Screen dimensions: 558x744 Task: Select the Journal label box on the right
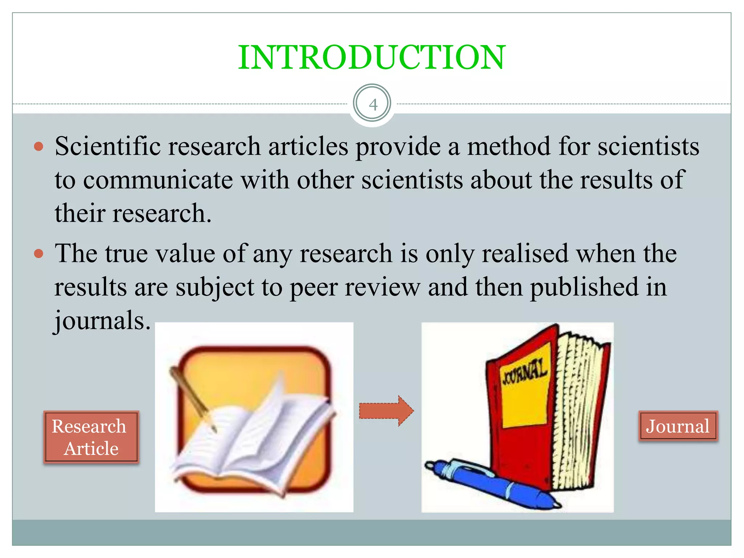[678, 426]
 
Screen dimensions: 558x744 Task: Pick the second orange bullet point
[39, 253]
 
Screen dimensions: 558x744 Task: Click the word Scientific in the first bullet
[108, 146]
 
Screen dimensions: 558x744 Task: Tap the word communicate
[158, 180]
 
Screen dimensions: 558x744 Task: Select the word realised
[525, 253]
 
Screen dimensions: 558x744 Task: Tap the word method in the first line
[509, 146]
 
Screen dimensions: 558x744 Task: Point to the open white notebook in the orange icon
[254, 436]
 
